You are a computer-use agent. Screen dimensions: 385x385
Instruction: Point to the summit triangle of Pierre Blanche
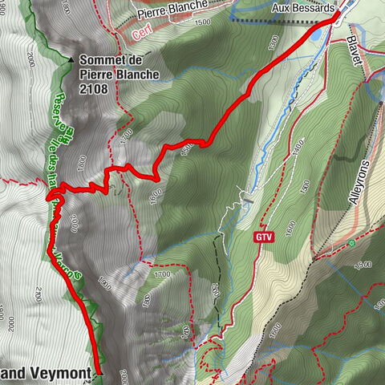point(71,59)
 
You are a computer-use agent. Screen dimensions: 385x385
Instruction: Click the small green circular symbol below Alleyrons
point(351,242)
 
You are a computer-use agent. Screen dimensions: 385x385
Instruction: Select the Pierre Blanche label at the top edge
point(172,13)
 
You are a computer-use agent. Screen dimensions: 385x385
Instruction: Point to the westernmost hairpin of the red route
point(50,195)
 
